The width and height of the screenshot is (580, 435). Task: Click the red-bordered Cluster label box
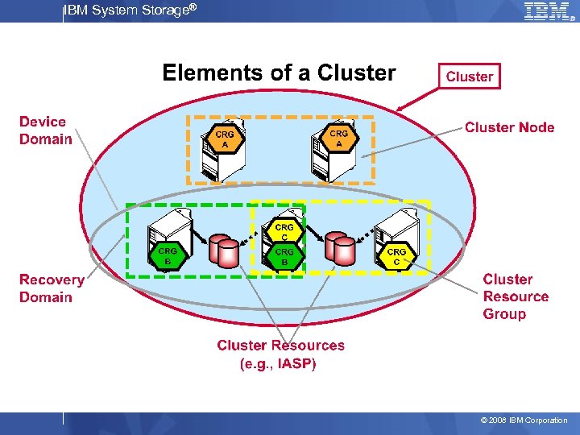469,77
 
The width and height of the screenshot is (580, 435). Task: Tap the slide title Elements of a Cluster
279,73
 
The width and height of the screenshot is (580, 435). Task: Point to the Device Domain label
46,130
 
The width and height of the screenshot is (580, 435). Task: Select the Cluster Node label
509,127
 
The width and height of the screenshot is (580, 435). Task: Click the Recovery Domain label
52,288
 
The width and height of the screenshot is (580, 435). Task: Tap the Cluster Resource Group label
516,296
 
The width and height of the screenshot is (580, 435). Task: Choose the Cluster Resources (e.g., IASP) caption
280,354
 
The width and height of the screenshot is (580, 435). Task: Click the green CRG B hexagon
168,255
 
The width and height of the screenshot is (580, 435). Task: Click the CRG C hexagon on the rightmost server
396,256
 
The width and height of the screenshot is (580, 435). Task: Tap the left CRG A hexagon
226,139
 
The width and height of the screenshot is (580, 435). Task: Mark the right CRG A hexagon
339,138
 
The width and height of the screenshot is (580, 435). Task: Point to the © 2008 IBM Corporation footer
524,420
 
